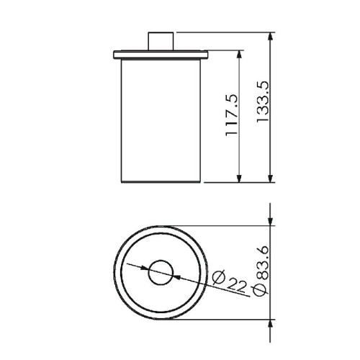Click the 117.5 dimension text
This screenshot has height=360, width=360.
[232, 115]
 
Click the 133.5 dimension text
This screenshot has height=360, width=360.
[263, 102]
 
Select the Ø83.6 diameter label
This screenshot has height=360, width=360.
[261, 271]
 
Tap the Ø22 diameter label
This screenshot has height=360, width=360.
[230, 282]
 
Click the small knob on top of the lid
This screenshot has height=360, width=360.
[161, 41]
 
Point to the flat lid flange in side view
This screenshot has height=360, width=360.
[161, 55]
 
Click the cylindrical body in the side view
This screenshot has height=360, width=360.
[161, 121]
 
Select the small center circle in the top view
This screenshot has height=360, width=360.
[161, 273]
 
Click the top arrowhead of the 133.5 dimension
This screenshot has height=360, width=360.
[270, 36]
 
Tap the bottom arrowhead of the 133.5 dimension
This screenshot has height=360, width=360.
[270, 178]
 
